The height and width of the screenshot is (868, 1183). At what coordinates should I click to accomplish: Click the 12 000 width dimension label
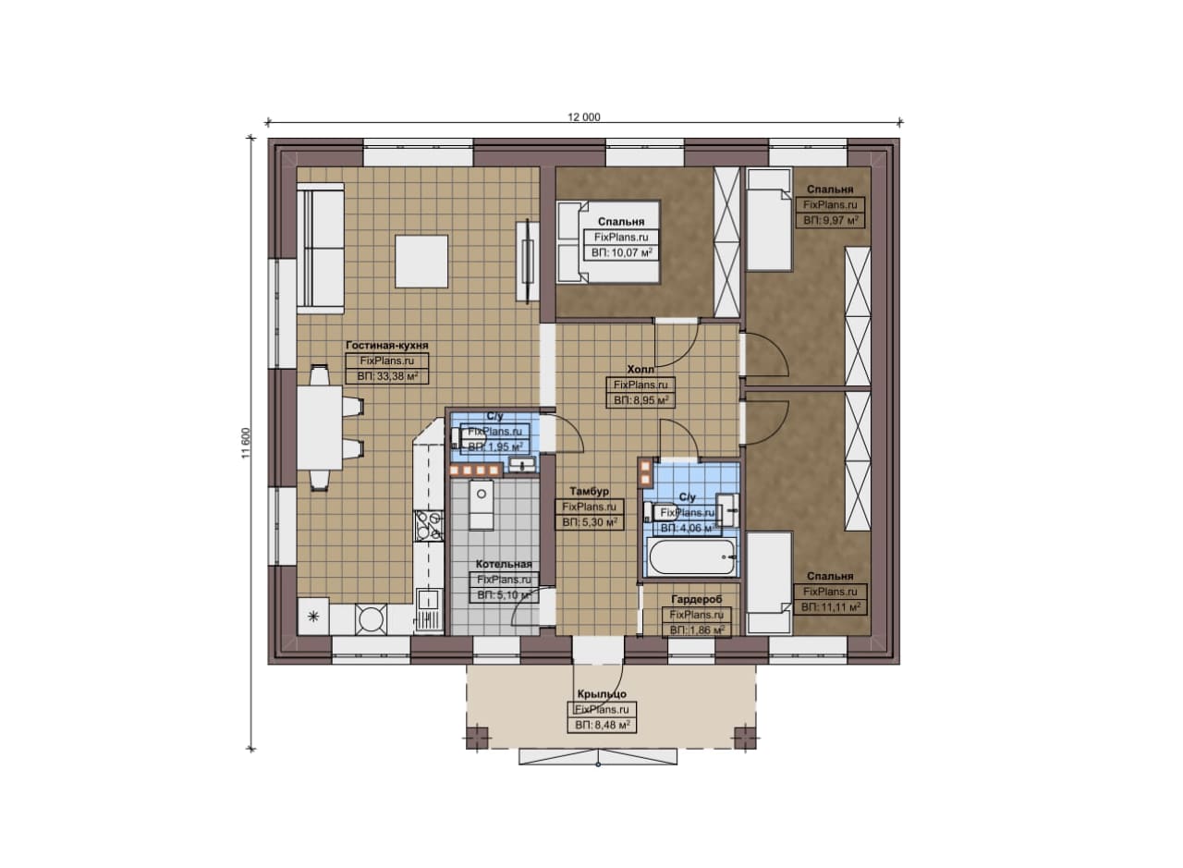point(583,117)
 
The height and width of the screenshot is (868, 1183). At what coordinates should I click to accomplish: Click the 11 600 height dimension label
point(246,443)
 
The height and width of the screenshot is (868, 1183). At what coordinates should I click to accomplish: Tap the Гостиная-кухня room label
point(386,345)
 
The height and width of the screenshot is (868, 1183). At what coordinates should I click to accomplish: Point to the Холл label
point(640,369)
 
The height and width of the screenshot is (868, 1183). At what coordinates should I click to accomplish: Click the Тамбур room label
point(589,492)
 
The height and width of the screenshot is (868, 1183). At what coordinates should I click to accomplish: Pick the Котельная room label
point(504,564)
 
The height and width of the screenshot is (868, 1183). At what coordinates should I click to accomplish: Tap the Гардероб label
point(696,599)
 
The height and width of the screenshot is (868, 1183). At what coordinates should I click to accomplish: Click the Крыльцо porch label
point(602,693)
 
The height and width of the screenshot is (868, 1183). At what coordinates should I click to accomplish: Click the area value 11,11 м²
point(830,607)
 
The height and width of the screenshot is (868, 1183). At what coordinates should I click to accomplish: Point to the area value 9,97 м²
point(830,220)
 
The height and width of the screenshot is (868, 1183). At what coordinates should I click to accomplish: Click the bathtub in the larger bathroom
point(692,556)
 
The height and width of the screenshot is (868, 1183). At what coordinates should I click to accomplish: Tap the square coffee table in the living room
point(421,262)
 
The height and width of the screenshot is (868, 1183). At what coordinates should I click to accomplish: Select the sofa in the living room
point(320,249)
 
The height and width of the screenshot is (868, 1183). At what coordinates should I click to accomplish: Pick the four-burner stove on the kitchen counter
point(428,526)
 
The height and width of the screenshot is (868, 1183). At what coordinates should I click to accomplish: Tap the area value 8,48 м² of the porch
point(602,726)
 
